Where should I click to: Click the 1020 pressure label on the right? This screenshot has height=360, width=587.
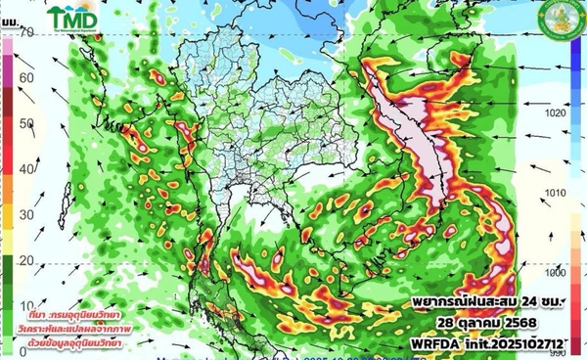557,113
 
